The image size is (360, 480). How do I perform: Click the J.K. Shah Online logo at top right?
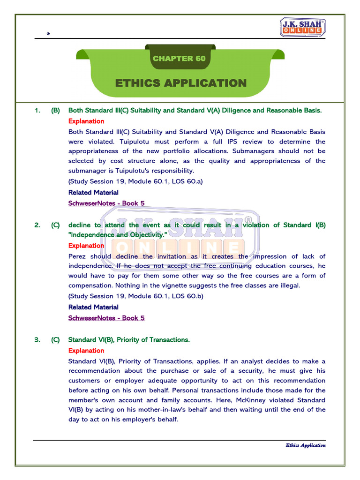point(303,28)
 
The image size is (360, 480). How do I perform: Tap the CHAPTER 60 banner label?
point(179,59)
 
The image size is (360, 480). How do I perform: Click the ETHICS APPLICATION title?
point(180,83)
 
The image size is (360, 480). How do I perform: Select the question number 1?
point(37,111)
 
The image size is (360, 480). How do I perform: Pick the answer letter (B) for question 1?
point(55,111)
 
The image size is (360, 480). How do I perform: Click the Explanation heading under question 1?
point(86,121)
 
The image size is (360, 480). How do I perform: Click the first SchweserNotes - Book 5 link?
point(106,203)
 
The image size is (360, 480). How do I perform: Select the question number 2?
point(37,225)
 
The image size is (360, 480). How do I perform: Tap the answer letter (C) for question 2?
point(55,225)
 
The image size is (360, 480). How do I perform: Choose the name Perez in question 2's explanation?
point(78,256)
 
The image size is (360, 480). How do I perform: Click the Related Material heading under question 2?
point(93,307)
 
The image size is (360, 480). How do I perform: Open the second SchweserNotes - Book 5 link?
point(106,318)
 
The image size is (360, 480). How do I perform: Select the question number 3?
point(37,340)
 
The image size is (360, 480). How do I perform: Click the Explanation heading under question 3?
point(86,351)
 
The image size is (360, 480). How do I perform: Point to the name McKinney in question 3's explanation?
point(269,400)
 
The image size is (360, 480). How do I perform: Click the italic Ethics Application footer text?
point(305,445)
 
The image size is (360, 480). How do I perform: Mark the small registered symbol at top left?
point(48,34)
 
